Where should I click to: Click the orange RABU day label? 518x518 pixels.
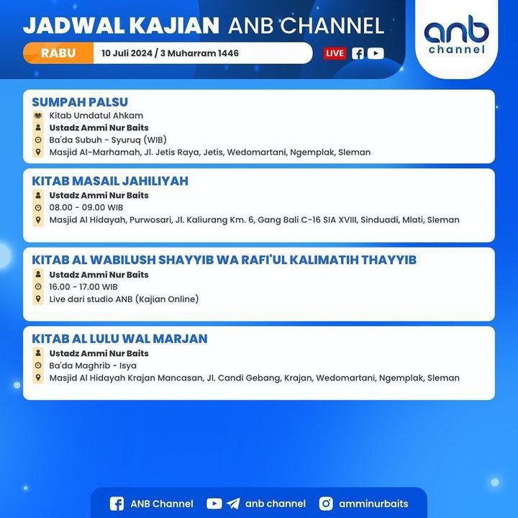[x=58, y=53]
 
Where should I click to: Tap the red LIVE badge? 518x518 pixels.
[x=335, y=53]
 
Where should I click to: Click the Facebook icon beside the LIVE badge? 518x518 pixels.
[x=358, y=53]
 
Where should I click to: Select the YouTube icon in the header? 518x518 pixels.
[x=376, y=53]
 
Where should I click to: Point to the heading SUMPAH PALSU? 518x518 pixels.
[x=80, y=102]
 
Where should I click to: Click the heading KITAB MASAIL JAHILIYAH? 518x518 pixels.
[x=110, y=181]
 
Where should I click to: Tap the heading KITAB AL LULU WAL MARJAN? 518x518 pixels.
[x=119, y=339]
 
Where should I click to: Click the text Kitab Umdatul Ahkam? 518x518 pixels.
[x=96, y=116]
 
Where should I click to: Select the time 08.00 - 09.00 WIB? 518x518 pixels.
[x=86, y=207]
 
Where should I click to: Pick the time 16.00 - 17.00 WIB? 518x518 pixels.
[x=83, y=287]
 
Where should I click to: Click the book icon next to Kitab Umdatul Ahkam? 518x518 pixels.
[x=38, y=116]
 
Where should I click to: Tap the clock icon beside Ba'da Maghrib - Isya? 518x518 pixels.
[x=38, y=365]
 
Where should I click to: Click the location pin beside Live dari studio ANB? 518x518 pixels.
[x=38, y=299]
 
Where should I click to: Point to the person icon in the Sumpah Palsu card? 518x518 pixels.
[x=38, y=127]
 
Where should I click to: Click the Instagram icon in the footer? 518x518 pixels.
[x=326, y=504]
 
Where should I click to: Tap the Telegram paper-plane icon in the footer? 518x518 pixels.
[x=233, y=504]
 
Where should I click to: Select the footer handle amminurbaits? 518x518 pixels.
[x=373, y=504]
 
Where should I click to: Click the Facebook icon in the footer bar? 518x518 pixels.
[x=117, y=504]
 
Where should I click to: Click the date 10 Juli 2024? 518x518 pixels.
[x=127, y=53]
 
